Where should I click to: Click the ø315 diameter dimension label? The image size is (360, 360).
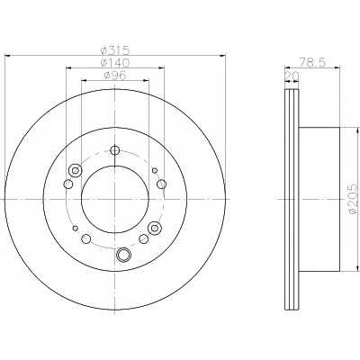pos(115,49)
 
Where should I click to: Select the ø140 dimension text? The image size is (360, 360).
pos(115,62)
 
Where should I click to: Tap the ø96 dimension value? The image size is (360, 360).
pos(115,76)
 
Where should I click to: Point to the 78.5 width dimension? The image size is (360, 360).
pos(312,62)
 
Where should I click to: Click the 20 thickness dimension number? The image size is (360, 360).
pos(292,76)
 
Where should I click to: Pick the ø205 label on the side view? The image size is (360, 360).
pos(354,199)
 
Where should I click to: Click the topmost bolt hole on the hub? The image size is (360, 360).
pos(115,150)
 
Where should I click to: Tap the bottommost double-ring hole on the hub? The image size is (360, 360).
pos(123,255)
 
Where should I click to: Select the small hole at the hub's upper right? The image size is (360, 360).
pos(155,171)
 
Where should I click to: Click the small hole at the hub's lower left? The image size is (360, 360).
pos(76,228)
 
